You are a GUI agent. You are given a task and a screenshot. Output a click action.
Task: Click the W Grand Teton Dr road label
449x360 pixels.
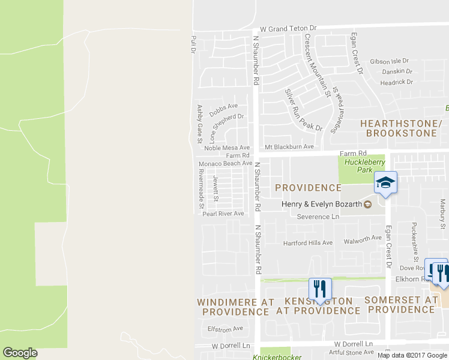tap(288, 28)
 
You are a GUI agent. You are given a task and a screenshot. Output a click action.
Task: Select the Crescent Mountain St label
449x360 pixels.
tap(318, 65)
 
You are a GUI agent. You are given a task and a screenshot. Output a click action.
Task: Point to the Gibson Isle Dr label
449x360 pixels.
tap(389, 61)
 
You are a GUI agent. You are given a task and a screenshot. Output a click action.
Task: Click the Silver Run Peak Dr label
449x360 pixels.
tap(303, 110)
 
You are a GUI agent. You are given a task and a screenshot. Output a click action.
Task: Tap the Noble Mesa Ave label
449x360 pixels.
tap(226, 148)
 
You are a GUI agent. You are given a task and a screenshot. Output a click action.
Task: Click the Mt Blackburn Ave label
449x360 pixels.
tap(289, 147)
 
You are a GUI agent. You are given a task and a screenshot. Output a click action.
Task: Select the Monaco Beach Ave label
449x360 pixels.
tap(225, 163)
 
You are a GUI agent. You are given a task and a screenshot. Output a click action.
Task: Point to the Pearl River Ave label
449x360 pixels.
tap(223, 214)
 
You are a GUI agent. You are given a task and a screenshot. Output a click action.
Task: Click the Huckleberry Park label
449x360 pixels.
tap(358, 166)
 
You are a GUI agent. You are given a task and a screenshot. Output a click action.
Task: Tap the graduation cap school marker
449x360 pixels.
tap(385, 184)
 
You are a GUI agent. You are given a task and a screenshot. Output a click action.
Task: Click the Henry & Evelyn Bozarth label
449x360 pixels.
tap(322, 205)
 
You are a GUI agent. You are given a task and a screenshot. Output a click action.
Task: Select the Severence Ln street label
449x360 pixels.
tap(318, 216)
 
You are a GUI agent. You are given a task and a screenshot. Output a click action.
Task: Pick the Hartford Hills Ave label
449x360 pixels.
tap(307, 243)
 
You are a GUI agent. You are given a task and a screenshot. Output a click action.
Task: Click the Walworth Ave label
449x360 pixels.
tap(362, 238)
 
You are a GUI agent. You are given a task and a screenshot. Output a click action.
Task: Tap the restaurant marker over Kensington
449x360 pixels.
tap(320, 289)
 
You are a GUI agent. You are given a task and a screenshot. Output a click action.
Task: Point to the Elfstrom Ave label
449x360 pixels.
tap(224, 328)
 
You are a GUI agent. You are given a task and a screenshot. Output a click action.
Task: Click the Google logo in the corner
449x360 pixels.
tap(20, 353)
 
